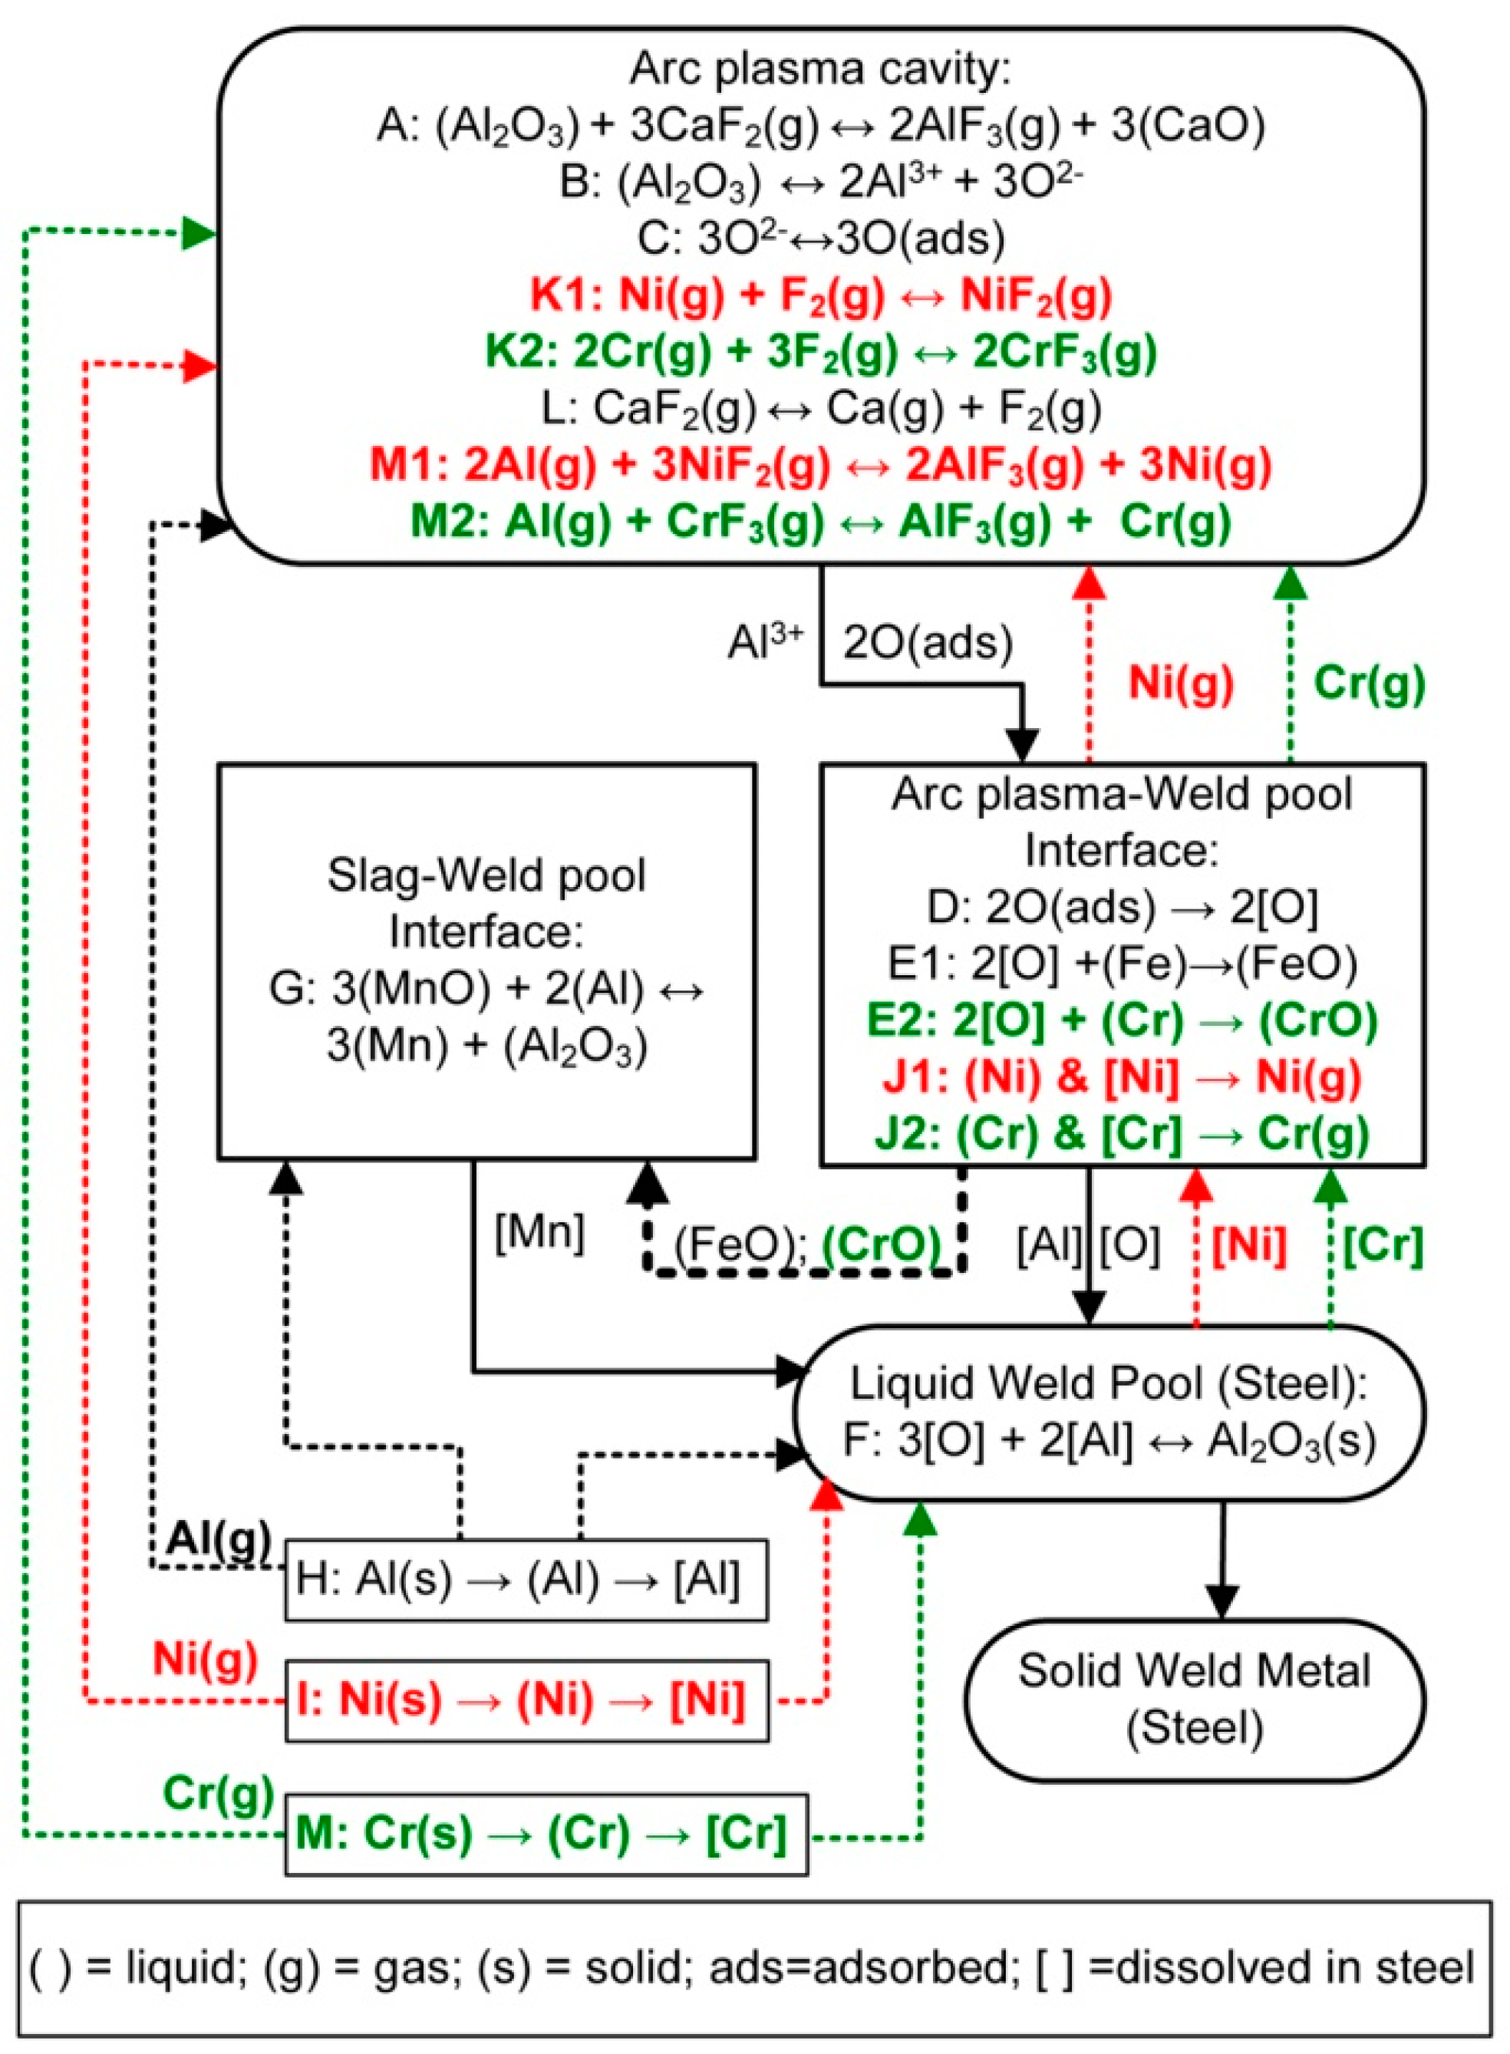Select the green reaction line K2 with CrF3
[820, 352]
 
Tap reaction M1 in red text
[820, 464]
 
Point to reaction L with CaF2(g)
[820, 409]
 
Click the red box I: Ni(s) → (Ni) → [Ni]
[526, 1700]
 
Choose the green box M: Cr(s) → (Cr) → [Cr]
[546, 1834]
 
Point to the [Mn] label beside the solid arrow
[539, 1233]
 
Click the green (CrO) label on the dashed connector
[881, 1245]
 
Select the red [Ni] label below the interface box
[1248, 1245]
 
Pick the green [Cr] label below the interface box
[1382, 1245]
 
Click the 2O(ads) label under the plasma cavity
[927, 643]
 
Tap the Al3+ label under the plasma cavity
[765, 643]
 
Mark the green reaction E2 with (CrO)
[1122, 1020]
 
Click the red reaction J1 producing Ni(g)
[1122, 1076]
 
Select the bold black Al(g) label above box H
[219, 1539]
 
